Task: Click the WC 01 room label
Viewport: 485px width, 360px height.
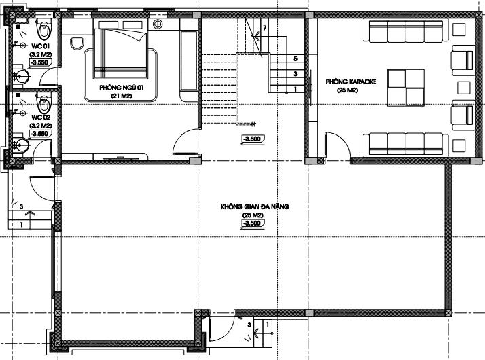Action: click(40, 46)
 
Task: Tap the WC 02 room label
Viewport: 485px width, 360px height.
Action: click(41, 118)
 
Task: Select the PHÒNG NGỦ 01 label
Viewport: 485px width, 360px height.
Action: click(122, 88)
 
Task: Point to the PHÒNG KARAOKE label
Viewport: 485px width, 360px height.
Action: click(351, 82)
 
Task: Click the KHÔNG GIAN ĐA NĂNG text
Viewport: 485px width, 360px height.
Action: click(255, 206)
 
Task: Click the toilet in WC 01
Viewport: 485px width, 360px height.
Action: click(43, 28)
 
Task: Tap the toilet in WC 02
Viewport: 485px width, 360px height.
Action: click(43, 103)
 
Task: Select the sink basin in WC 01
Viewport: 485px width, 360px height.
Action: click(22, 75)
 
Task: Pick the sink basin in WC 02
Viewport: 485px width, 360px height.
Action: click(22, 145)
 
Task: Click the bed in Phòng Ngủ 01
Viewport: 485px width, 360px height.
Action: click(120, 53)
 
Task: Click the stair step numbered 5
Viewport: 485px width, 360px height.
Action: click(295, 58)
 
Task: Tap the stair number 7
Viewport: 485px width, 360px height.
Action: click(264, 28)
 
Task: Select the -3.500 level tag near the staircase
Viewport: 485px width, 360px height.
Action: click(253, 139)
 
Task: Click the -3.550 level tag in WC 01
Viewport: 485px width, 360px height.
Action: click(40, 62)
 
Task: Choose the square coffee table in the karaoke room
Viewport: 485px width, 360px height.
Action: click(406, 88)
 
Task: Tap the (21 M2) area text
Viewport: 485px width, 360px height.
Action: click(121, 96)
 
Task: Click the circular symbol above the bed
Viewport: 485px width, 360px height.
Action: click(158, 24)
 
